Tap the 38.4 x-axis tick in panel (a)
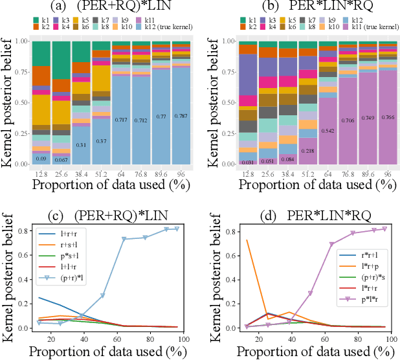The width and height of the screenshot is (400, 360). click(81, 174)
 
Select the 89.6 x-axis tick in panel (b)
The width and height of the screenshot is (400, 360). click(368, 174)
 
